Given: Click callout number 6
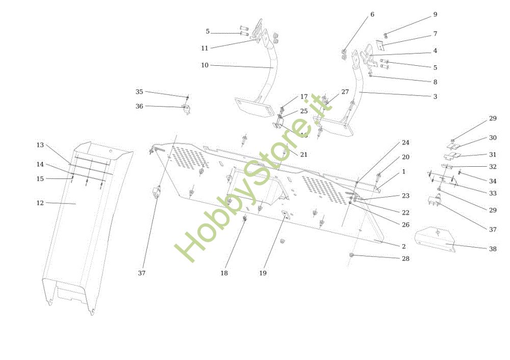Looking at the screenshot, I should (x=372, y=14).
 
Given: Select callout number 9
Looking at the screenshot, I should (x=435, y=14).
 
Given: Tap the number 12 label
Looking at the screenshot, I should (x=40, y=203).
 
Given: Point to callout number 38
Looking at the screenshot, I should (x=493, y=249).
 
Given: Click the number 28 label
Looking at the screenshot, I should (x=405, y=259).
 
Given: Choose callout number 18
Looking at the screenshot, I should (x=224, y=273).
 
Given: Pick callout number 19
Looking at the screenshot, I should (x=263, y=273).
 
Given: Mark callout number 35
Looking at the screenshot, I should (x=139, y=92).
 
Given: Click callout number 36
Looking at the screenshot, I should (x=139, y=106).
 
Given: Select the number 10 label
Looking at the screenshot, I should (x=205, y=65).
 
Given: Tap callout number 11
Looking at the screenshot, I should (x=205, y=48).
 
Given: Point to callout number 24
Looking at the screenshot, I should (x=405, y=143).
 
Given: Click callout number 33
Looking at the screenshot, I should (x=493, y=193).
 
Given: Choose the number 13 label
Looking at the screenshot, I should (x=40, y=145).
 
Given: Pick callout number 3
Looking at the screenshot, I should (x=435, y=96).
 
